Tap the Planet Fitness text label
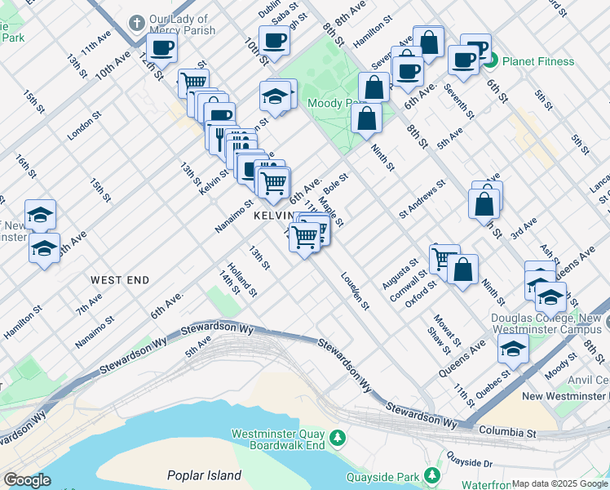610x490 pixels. (537, 61)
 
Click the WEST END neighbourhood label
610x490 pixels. (120, 280)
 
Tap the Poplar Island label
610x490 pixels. (204, 475)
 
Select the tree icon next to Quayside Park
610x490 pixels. (431, 475)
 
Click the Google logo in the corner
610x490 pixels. (27, 480)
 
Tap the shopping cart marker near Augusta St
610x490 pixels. (444, 258)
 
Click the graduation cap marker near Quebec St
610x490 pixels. (513, 348)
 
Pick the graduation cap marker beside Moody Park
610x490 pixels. (276, 96)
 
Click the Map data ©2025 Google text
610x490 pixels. (559, 483)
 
